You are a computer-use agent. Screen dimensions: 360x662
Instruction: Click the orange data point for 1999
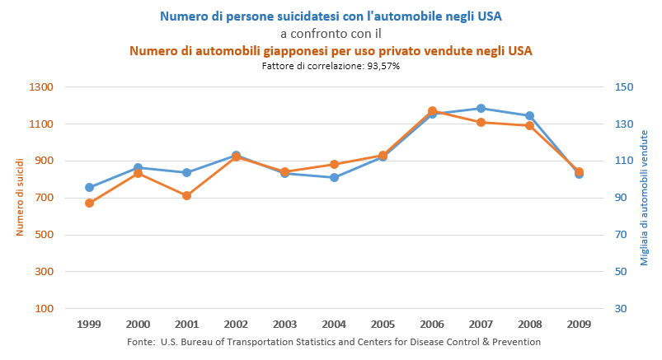(89, 203)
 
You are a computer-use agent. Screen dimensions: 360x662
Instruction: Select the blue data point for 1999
(89, 187)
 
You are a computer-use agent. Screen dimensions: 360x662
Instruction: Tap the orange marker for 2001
(187, 195)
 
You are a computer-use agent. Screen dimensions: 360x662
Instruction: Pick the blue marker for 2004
(334, 177)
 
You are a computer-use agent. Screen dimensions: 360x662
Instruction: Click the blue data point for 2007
(481, 108)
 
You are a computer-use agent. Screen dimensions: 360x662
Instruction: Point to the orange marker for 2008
(529, 125)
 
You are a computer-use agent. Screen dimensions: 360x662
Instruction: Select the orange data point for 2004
(334, 164)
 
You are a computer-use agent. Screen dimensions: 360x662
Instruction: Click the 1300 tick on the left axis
(41, 87)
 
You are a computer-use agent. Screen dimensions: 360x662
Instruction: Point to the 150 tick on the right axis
(622, 87)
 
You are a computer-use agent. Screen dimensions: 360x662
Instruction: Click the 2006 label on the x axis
(432, 325)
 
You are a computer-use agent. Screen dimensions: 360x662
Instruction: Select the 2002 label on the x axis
(236, 325)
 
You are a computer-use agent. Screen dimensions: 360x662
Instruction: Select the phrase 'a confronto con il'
(330, 33)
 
